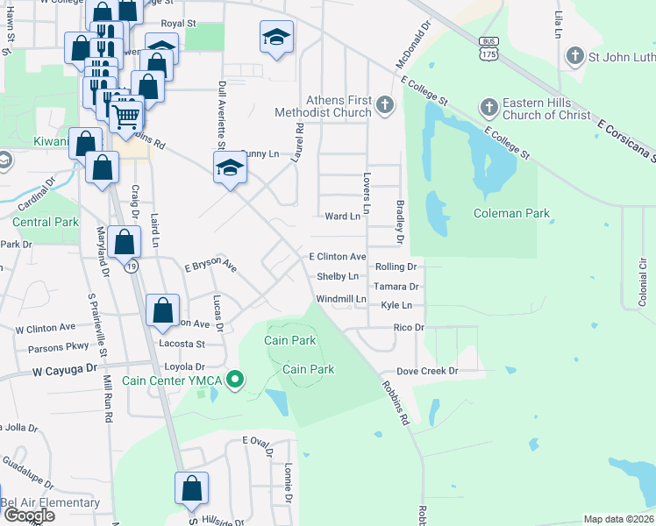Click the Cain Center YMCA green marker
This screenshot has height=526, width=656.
pos(234,380)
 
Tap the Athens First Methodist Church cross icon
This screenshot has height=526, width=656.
pos(384,107)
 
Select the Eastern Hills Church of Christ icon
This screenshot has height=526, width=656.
pos(489,107)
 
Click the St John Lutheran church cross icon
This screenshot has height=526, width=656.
pos(575,57)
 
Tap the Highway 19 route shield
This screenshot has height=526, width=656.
pos(132,266)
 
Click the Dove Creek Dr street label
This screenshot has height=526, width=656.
pos(427,371)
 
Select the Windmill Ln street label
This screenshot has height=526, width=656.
pos(341,299)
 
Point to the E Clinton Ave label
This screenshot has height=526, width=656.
pos(337,257)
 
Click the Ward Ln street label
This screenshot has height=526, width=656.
pos(342,216)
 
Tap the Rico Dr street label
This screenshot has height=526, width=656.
pos(409,327)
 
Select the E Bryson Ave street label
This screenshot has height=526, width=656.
pos(210,264)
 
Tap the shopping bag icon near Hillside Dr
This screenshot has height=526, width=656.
pos(191,488)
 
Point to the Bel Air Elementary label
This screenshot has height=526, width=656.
pos(50,502)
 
